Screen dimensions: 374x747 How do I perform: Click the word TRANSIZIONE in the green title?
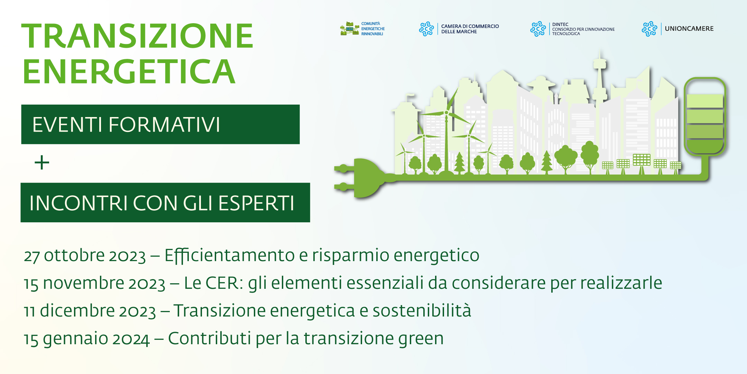tap(137, 36)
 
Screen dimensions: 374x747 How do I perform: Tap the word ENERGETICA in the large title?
tap(129, 72)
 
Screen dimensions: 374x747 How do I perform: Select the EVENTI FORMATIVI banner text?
tap(126, 125)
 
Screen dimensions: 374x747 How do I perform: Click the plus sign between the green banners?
tap(42, 162)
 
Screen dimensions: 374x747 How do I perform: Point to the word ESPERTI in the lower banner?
tap(256, 203)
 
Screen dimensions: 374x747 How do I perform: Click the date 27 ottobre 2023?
tap(85, 256)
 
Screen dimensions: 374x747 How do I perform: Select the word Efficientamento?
tap(229, 256)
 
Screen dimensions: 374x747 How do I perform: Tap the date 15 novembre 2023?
tap(94, 283)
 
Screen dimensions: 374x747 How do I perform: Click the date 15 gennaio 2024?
tap(86, 339)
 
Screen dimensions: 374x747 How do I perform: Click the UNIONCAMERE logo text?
tap(689, 29)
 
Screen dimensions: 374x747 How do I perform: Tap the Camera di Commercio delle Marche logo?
tap(459, 29)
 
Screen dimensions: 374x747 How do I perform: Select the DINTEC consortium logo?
tap(572, 29)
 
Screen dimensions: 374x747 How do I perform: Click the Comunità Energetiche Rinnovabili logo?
tap(362, 29)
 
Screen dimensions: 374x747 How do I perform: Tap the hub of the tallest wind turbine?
tap(446, 113)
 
